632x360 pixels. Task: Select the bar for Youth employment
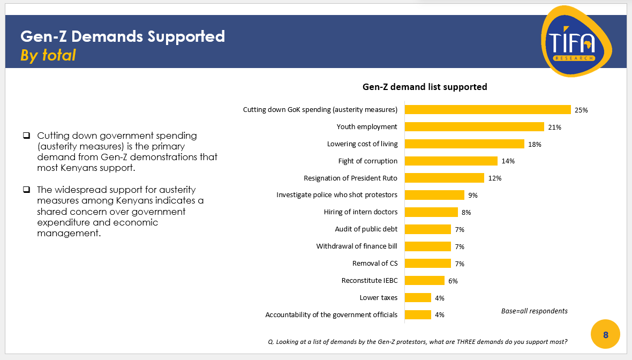point(474,127)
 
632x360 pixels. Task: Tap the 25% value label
point(581,110)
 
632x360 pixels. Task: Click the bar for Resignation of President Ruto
point(444,178)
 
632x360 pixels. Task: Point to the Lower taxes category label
point(378,298)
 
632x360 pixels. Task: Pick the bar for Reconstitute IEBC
point(424,281)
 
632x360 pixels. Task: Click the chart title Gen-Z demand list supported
point(425,87)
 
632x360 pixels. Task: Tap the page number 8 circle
point(605,335)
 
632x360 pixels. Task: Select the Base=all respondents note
point(534,311)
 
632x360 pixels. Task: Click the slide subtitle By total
point(48,55)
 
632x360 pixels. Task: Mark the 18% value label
point(535,144)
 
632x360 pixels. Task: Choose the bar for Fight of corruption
point(451,161)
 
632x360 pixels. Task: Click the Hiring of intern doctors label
point(360,212)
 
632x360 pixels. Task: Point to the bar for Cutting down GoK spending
point(487,110)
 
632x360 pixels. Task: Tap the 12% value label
point(494,178)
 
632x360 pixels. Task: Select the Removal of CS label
point(374,264)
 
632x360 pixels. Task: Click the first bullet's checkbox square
point(26,136)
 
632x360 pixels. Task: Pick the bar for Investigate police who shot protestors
point(434,195)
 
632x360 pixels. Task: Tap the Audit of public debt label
point(366,229)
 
